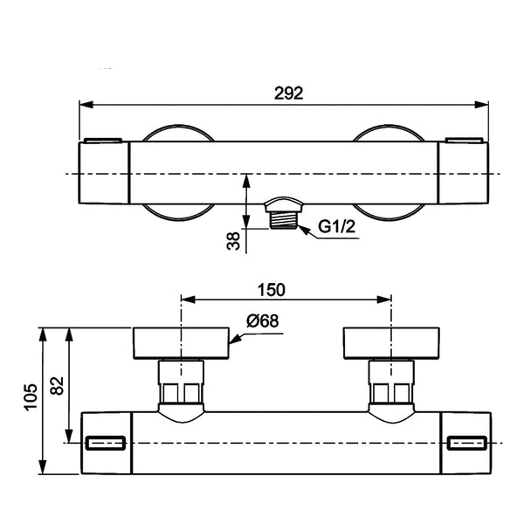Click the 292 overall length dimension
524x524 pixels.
pos(288,93)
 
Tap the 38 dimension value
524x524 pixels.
pos(233,241)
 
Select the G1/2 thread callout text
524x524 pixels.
pos(336,227)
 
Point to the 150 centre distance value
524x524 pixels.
pos(271,290)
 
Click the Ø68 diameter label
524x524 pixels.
pos(262,321)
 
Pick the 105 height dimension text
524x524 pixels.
pos(31,397)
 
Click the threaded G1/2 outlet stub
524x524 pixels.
pos(283,220)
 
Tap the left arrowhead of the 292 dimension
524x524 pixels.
pos(86,105)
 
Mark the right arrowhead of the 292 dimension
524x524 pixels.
pos(481,105)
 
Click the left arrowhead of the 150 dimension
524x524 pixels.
pos(188,300)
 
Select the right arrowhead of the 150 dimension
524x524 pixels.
pos(384,300)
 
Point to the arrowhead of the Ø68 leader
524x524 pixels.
pos(235,339)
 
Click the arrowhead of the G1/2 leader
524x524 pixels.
pos(303,231)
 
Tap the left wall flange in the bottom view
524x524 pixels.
pos(181,343)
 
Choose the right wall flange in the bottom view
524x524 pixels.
pos(391,343)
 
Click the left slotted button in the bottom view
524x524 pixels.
pos(106,443)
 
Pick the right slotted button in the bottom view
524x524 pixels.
pos(467,443)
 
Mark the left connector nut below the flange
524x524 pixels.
pos(181,382)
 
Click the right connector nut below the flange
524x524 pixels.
pos(391,382)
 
